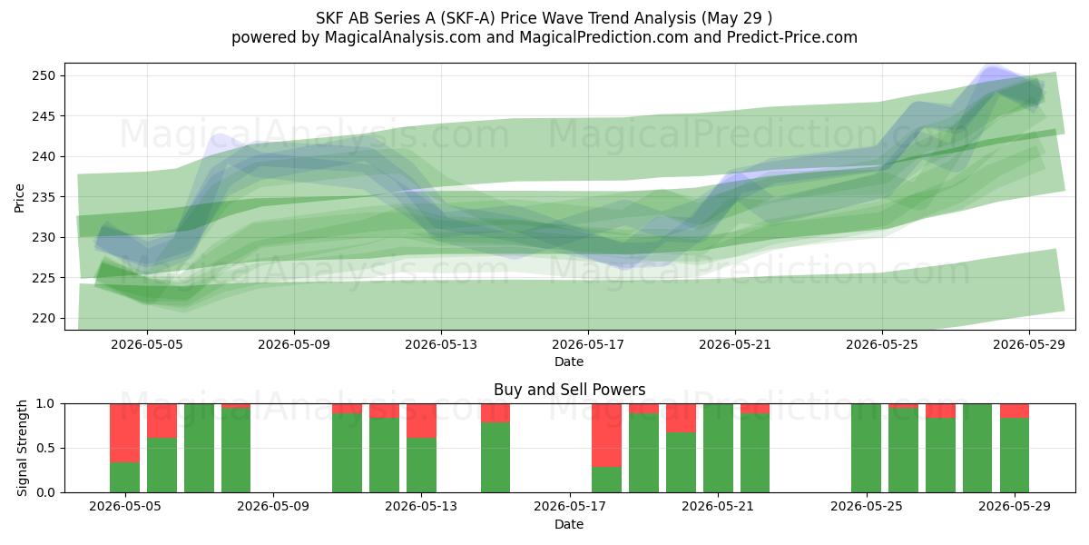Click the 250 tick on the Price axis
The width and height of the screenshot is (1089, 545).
pyautogui.click(x=44, y=76)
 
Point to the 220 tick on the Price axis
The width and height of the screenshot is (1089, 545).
pyautogui.click(x=44, y=318)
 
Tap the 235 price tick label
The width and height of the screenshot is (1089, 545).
pyautogui.click(x=44, y=197)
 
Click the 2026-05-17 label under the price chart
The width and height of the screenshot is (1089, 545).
pyautogui.click(x=588, y=344)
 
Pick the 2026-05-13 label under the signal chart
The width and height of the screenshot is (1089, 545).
pyautogui.click(x=421, y=507)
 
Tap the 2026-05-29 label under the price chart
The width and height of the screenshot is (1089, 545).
pyautogui.click(x=1029, y=344)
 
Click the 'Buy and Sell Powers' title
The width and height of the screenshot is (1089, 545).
pyautogui.click(x=569, y=390)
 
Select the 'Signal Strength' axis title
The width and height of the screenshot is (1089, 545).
pyautogui.click(x=22, y=448)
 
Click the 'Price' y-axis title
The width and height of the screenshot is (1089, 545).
pyautogui.click(x=19, y=198)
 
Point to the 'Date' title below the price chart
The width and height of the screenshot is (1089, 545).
pyautogui.click(x=569, y=362)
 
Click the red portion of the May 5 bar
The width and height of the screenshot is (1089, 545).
pyautogui.click(x=124, y=433)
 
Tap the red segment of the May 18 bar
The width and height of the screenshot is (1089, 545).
pyautogui.click(x=606, y=435)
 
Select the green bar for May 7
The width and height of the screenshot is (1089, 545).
pyautogui.click(x=199, y=448)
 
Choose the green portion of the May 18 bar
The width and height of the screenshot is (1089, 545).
pyautogui.click(x=606, y=480)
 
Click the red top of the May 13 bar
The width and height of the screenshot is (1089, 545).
pyautogui.click(x=421, y=421)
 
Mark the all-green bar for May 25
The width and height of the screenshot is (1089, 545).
pyautogui.click(x=866, y=448)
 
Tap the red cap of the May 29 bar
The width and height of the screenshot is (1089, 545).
pyautogui.click(x=1015, y=411)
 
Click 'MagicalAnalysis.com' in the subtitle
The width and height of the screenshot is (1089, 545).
pyautogui.click(x=403, y=37)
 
